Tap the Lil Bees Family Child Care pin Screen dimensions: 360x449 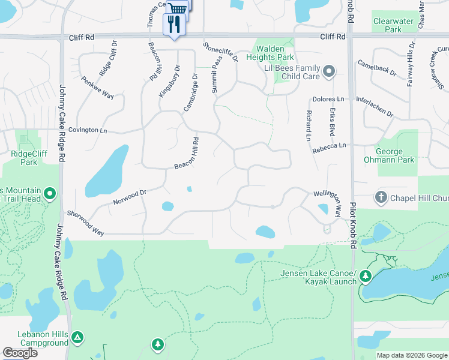click(328, 73)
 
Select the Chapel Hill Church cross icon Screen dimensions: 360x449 click(381, 197)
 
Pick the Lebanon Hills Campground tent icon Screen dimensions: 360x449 click(77, 338)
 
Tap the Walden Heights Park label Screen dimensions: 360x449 click(275, 53)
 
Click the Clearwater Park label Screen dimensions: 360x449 click(393, 25)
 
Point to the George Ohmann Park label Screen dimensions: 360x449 click(389, 156)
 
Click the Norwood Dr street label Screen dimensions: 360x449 click(130, 197)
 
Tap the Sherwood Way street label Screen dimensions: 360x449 click(85, 223)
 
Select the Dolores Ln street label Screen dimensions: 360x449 click(328, 99)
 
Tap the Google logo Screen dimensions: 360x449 click(20, 353)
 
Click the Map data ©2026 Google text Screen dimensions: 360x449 click(412, 355)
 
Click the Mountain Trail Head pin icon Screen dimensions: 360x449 click(50, 193)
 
